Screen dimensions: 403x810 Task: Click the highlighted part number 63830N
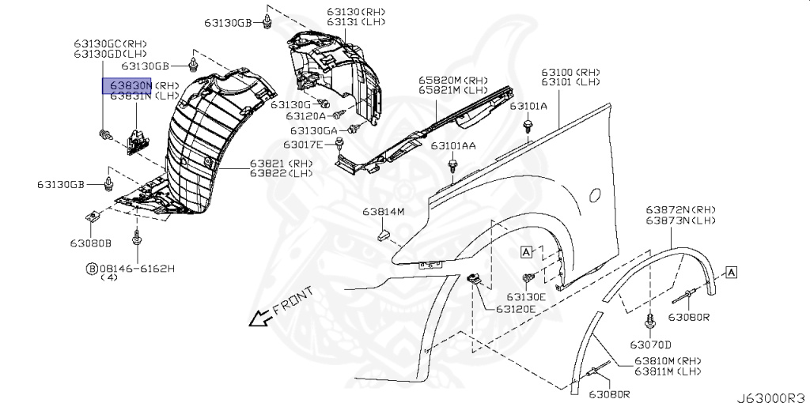point(130,85)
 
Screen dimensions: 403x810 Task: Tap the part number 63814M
point(384,212)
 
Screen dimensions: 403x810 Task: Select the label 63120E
point(516,309)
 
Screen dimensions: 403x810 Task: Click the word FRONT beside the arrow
point(293,300)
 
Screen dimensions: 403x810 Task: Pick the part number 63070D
point(650,345)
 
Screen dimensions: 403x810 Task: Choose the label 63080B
point(90,243)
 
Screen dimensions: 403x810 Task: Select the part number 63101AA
point(453,146)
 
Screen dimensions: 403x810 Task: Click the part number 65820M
point(440,80)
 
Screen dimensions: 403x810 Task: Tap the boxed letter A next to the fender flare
point(732,273)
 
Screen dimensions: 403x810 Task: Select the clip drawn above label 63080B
point(93,216)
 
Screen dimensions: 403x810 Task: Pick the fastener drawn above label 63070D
point(650,321)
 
